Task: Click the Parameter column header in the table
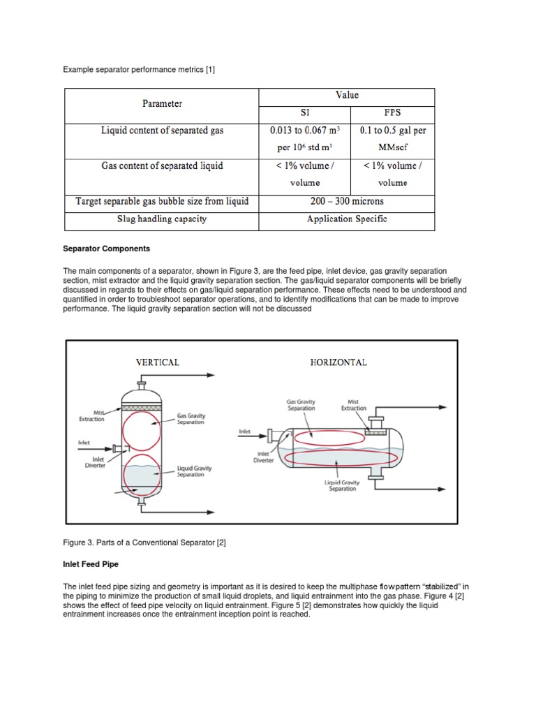pyautogui.click(x=162, y=104)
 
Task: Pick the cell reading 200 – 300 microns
pyautogui.click(x=346, y=202)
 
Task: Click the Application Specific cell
pyautogui.click(x=346, y=219)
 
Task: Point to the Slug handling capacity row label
pyautogui.click(x=162, y=219)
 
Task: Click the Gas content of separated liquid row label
pyautogui.click(x=162, y=166)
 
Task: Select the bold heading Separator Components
pyautogui.click(x=107, y=249)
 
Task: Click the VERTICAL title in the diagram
pyautogui.click(x=157, y=362)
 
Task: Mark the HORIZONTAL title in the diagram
pyautogui.click(x=338, y=362)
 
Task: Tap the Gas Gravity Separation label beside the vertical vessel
pyautogui.click(x=191, y=419)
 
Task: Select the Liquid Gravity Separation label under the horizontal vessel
pyautogui.click(x=342, y=485)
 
